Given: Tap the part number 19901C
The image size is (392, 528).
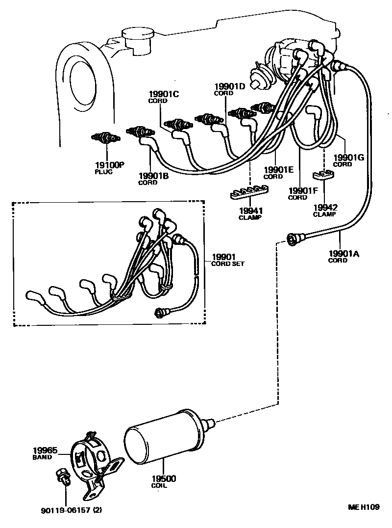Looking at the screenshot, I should [164, 94].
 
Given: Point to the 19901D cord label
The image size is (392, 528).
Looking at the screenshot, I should [229, 86].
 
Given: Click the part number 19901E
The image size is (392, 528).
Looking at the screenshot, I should [278, 169].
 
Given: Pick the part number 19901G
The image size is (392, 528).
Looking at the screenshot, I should [348, 158].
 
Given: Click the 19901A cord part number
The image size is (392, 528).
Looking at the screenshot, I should [343, 253].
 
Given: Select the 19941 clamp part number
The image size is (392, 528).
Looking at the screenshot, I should [250, 211].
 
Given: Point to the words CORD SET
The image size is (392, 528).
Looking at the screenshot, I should [228, 264].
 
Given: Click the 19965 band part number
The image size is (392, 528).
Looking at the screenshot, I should [45, 450].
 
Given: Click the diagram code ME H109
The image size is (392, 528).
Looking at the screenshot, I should [363, 507].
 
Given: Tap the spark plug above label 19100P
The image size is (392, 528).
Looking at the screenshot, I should [106, 138].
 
